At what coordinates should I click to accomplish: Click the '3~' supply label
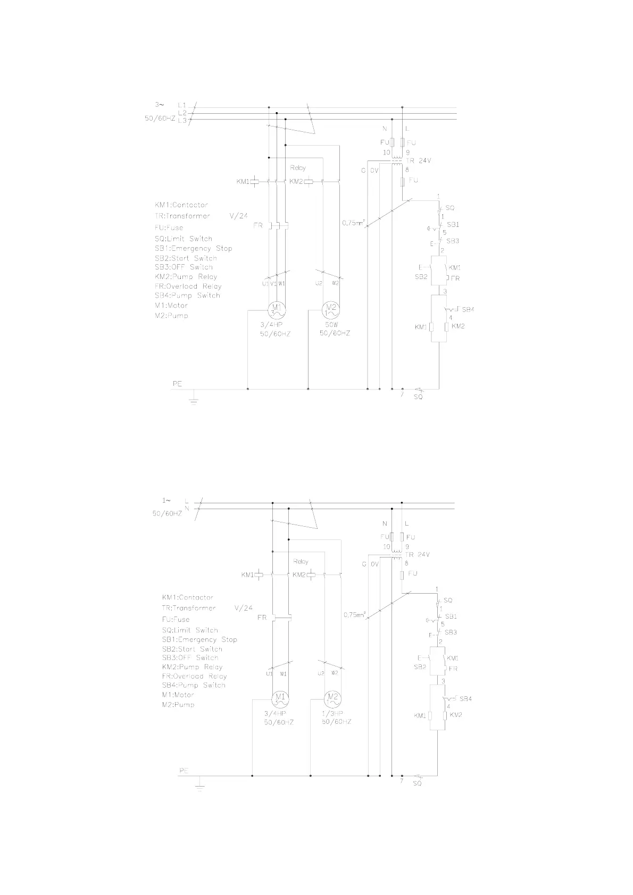[159, 104]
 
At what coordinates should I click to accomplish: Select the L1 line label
[182, 105]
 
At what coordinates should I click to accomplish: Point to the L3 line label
[182, 121]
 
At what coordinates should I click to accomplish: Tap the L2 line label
[182, 113]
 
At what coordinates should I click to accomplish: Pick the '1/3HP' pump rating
[332, 713]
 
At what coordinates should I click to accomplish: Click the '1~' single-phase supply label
[166, 500]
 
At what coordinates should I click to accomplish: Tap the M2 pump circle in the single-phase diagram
[333, 698]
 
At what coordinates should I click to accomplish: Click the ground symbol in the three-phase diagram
[194, 399]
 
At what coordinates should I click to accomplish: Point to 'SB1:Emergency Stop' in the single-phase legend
[199, 639]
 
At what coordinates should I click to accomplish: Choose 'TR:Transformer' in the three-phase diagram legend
[182, 216]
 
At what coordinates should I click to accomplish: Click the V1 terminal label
[273, 283]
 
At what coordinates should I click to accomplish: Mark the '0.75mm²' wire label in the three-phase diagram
[353, 223]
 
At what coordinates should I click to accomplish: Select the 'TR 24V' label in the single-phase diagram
[418, 554]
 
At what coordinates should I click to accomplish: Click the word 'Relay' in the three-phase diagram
[298, 168]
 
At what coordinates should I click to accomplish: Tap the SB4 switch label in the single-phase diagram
[465, 698]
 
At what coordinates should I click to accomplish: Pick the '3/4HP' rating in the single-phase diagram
[276, 713]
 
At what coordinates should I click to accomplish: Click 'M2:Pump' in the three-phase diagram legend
[171, 316]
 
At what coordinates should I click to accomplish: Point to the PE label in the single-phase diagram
[184, 770]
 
